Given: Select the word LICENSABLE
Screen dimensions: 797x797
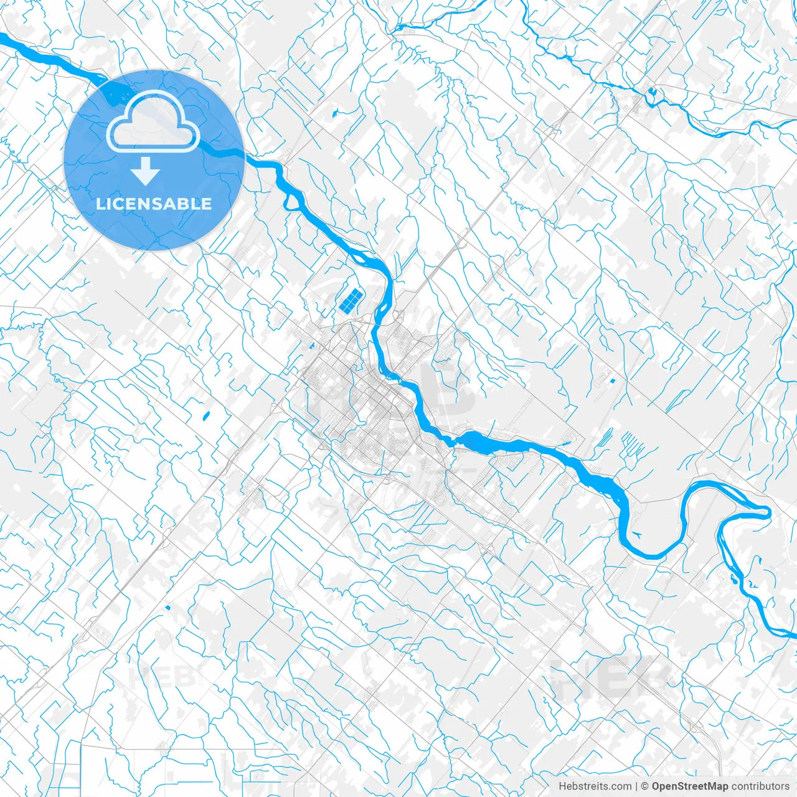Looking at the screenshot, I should coord(154,204).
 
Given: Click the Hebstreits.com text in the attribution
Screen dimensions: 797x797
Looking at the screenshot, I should coord(595,786).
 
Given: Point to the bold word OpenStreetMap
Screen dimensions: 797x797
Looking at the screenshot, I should coord(690,786).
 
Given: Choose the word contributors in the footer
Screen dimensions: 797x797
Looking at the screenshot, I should coord(760,786).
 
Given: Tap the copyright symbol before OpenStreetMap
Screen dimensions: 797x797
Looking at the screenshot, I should coord(645,786).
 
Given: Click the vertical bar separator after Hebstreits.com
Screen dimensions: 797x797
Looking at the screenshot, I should coord(636,786).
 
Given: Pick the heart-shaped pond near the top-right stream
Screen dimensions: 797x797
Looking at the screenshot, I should coord(651,93).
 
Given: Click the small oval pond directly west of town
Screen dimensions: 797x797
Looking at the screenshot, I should coord(206,415).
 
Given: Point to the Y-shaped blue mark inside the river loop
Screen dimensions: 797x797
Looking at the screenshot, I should coord(636,534).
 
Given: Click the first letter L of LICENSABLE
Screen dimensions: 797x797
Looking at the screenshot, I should coord(100,204).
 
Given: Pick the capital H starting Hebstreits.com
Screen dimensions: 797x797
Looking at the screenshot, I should coord(562,786).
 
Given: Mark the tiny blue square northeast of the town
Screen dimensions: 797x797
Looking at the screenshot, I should coord(611,380).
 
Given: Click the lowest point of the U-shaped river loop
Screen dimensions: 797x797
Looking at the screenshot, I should coord(654,556).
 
